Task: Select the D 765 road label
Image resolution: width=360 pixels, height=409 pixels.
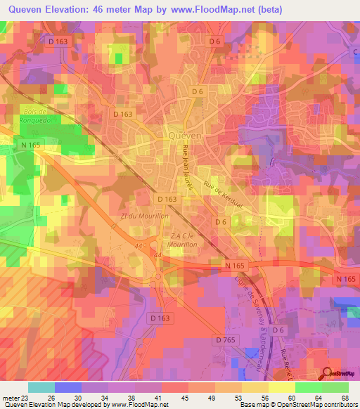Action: tap(225, 340)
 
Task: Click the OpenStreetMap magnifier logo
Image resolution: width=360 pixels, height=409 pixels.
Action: tap(328, 374)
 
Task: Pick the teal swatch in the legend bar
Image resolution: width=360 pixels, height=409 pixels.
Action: tap(41, 387)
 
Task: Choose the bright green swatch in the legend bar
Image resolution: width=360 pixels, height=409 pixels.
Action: tap(335, 387)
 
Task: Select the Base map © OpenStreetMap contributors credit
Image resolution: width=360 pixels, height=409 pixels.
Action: tap(298, 405)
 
